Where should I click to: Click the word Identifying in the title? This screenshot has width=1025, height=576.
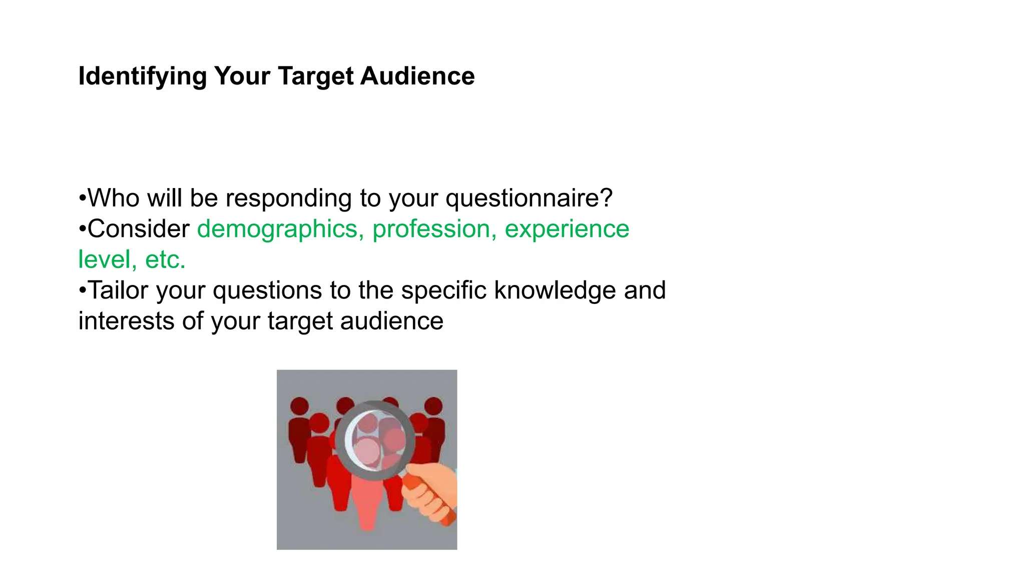point(142,76)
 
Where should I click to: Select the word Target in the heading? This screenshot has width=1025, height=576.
point(315,76)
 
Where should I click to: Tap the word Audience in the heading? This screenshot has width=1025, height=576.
point(417,76)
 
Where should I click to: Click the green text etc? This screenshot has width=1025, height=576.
point(165,260)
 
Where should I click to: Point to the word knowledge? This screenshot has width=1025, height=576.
point(555,291)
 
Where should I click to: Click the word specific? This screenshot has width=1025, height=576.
point(443,291)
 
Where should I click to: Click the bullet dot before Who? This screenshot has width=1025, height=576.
point(82,198)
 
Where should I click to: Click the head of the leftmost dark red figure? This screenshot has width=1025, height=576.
point(300,405)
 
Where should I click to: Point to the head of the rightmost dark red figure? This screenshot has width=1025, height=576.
point(433,405)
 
